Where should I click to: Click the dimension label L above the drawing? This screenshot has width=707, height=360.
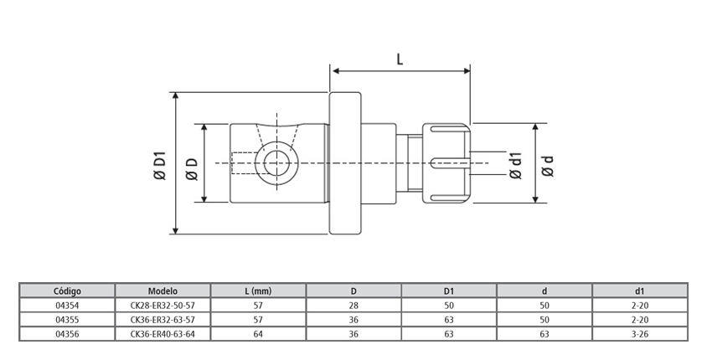click(400, 59)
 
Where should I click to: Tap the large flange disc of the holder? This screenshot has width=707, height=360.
click(345, 162)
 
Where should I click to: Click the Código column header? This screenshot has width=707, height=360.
click(67, 291)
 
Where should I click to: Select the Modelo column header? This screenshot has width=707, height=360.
click(163, 291)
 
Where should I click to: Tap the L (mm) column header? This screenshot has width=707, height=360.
click(258, 291)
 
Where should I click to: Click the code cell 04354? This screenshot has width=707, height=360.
click(67, 306)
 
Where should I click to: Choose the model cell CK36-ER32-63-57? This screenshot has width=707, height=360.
click(163, 320)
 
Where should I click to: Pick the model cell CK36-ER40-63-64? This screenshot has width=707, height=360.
click(163, 333)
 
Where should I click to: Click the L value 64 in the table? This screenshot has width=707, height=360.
click(258, 333)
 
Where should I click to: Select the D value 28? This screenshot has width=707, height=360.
click(353, 306)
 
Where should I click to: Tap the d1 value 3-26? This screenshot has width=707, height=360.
click(640, 333)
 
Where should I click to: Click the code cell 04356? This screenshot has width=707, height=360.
click(67, 333)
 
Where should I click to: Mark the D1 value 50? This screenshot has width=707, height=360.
click(449, 306)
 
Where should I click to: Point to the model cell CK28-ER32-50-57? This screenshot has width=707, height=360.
click(163, 306)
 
